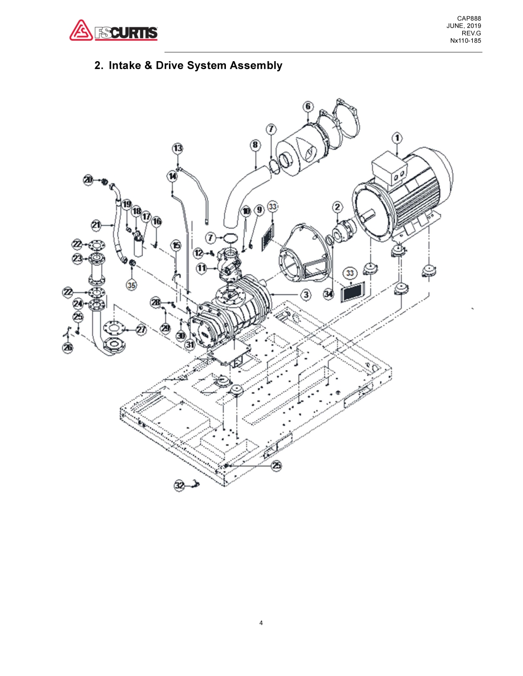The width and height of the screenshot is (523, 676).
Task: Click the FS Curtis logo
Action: pyautogui.click(x=113, y=31)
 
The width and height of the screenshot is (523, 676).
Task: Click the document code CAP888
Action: pyautogui.click(x=469, y=19)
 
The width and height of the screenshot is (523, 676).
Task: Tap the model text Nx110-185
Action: pyautogui.click(x=465, y=41)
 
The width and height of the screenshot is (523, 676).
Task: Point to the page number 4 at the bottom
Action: pyautogui.click(x=261, y=623)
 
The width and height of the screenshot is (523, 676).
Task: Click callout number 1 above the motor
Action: pyautogui.click(x=397, y=138)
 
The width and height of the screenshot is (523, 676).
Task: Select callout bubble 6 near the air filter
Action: pyautogui.click(x=308, y=107)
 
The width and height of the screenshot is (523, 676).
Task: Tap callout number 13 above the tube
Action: pyautogui.click(x=178, y=148)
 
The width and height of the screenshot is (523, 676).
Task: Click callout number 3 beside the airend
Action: pyautogui.click(x=306, y=295)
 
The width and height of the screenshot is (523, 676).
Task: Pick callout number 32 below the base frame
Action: pyautogui.click(x=179, y=485)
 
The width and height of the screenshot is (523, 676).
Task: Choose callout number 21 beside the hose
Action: pyautogui.click(x=96, y=225)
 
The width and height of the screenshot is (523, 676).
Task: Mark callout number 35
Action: pyautogui.click(x=131, y=285)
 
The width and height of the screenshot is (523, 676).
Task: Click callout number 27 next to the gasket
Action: pyautogui.click(x=141, y=330)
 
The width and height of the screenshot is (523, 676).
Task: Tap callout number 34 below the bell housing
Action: pyautogui.click(x=328, y=294)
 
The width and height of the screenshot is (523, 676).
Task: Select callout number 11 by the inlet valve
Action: pyautogui.click(x=202, y=268)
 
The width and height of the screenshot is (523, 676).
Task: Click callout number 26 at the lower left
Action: pyautogui.click(x=68, y=348)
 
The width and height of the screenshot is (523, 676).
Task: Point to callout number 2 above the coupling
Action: pyautogui.click(x=337, y=207)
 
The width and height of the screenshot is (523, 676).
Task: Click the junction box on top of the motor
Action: pyautogui.click(x=389, y=165)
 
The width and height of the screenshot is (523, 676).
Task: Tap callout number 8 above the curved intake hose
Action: pyautogui.click(x=255, y=145)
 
